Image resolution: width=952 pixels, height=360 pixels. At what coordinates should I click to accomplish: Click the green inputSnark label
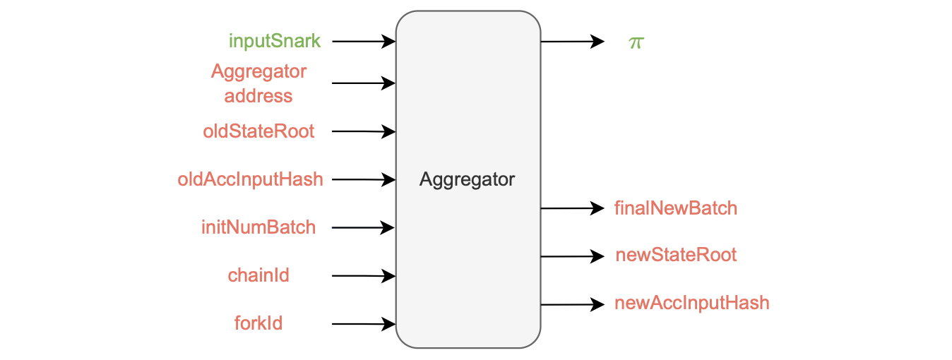(275, 41)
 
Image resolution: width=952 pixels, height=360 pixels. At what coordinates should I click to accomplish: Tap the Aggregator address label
(258, 83)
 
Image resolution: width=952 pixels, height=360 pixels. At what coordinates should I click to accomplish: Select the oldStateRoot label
(258, 131)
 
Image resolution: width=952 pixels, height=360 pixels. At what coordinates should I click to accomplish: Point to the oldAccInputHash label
(251, 179)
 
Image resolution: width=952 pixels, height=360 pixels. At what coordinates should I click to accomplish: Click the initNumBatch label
(258, 227)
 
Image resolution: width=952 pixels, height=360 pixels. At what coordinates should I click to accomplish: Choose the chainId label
(258, 275)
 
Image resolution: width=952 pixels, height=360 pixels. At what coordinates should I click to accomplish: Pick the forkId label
(258, 323)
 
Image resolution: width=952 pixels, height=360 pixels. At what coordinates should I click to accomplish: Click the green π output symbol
(636, 42)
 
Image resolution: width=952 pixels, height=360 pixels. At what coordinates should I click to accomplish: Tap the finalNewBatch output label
(676, 208)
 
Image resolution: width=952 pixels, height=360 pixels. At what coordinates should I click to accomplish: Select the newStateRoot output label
(676, 255)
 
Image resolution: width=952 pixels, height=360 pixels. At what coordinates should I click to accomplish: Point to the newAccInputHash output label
(691, 304)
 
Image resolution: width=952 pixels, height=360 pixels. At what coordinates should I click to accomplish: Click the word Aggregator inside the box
(468, 179)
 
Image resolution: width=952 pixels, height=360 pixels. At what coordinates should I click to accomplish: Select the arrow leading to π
(572, 42)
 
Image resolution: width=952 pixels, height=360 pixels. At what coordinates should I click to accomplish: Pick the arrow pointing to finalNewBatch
(572, 208)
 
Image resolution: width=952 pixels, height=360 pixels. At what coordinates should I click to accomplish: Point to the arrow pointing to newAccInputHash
(572, 304)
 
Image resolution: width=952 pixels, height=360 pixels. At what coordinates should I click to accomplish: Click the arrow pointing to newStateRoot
(572, 256)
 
